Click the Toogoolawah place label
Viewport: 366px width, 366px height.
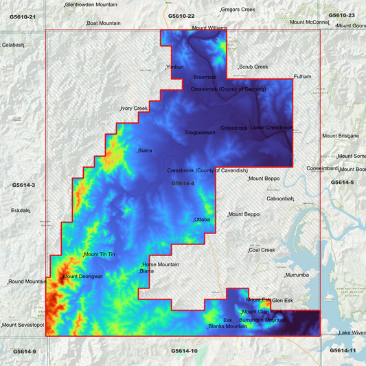pos(200,133)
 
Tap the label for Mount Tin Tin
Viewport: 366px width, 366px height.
pos(100,255)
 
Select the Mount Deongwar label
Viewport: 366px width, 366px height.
pos(83,277)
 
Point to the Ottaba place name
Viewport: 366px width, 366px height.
pos(202,220)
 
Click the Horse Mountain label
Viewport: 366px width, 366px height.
pos(161,264)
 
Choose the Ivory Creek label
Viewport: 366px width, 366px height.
pos(135,108)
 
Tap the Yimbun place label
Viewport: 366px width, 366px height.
pos(176,67)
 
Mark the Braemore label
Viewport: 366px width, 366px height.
pos(205,77)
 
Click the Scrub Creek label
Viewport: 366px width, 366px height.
pos(253,67)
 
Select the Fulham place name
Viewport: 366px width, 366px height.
pos(302,76)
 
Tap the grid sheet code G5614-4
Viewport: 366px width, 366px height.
pos(183,183)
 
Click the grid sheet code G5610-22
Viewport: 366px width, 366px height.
pos(182,16)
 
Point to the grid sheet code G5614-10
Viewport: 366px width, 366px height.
pos(184,351)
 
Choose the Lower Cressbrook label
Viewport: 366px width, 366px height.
pos(271,128)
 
